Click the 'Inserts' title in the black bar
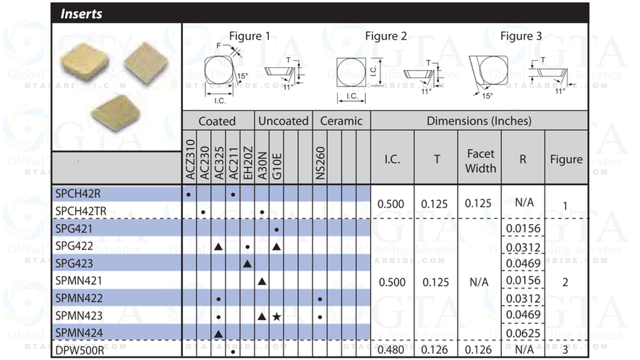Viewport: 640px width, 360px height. tap(82, 14)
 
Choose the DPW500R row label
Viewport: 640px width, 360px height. tap(80, 351)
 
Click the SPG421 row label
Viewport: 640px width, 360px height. tap(75, 229)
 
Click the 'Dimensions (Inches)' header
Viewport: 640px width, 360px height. tap(479, 121)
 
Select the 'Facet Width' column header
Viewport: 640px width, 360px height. tap(481, 160)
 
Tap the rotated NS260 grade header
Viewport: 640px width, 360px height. tap(320, 157)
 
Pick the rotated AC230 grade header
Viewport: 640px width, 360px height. tap(204, 157)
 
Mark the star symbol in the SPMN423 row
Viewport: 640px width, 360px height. tap(276, 316)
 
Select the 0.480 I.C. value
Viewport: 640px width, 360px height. tap(391, 351)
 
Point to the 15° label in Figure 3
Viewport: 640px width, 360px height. tap(487, 95)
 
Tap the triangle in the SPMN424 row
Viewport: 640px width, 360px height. tap(218, 333)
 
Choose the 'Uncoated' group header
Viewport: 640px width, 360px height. tap(283, 121)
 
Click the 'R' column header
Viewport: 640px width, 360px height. tap(522, 160)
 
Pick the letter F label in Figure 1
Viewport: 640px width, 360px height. tap(219, 46)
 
